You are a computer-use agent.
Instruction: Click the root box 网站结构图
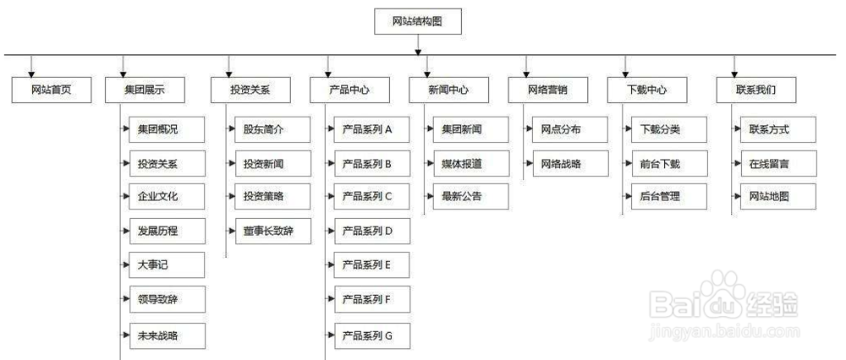pyautogui.click(x=418, y=21)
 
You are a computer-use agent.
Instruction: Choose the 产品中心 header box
pyautogui.click(x=348, y=89)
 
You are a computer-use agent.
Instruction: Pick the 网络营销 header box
pyautogui.click(x=547, y=89)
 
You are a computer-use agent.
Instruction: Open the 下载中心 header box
pyautogui.click(x=647, y=89)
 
